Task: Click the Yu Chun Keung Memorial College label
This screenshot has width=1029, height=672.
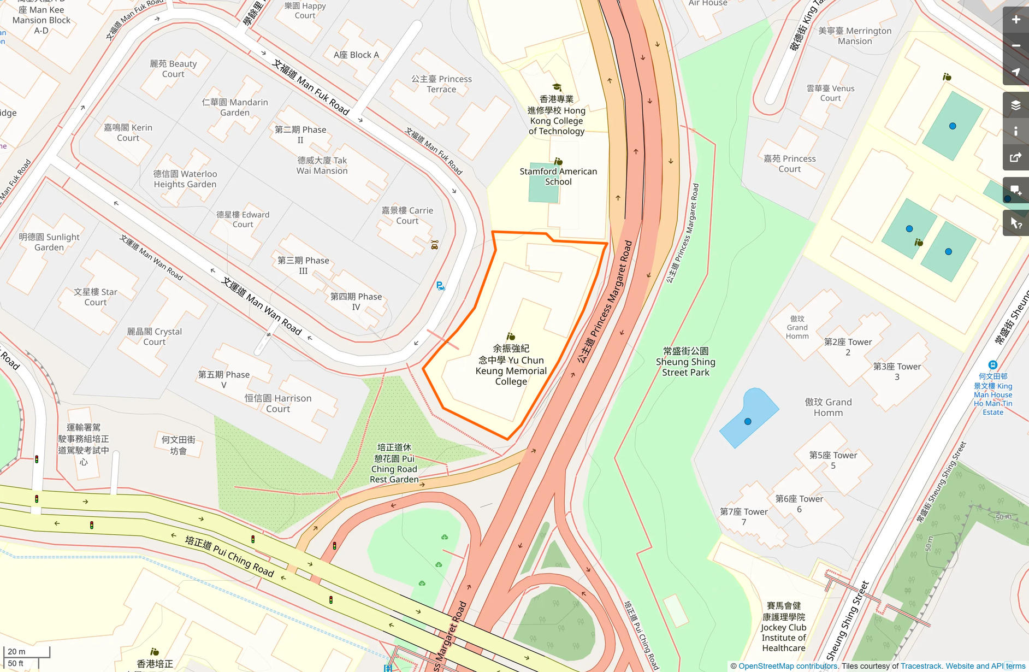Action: coord(511,365)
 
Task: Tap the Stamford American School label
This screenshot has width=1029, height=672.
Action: coord(558,176)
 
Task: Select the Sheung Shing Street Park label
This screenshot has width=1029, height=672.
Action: coord(685,362)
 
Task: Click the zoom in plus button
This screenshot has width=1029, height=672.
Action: coord(1015,20)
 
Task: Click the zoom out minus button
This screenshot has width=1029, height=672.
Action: coord(1015,46)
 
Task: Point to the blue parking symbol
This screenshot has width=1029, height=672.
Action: coord(440,286)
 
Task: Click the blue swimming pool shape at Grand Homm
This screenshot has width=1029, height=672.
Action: coord(748,418)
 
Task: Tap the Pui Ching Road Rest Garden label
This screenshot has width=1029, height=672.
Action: coord(394,463)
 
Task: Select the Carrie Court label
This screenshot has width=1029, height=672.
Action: coord(407,215)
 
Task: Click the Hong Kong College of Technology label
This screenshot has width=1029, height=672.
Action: coord(556,115)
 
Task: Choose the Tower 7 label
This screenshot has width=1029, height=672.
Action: coord(743,516)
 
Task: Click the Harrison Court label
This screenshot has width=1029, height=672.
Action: coord(278,403)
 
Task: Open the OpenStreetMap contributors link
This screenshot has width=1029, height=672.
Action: coord(788,666)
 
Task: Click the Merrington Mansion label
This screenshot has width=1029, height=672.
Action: coord(855,36)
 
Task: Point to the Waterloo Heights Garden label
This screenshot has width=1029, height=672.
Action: coord(185,179)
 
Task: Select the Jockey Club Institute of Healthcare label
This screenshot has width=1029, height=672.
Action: coord(784,627)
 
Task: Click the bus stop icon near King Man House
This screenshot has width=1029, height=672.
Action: coord(993,365)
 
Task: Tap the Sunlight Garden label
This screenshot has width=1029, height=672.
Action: coord(49,242)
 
